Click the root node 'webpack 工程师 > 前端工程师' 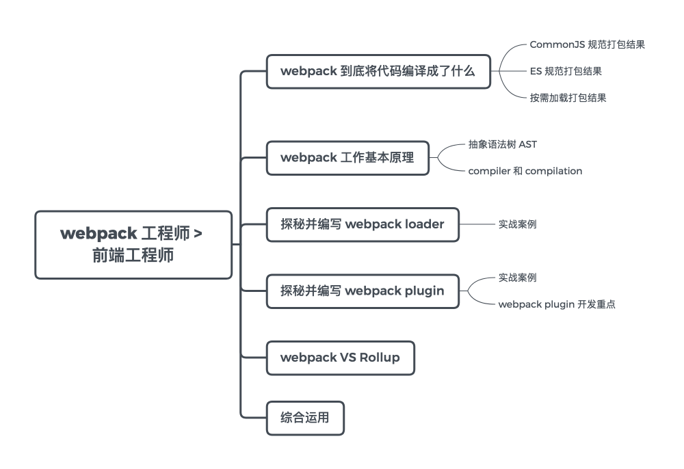(133, 245)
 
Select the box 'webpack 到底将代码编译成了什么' (378, 72)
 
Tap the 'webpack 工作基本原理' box (347, 158)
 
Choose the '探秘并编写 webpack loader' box (363, 224)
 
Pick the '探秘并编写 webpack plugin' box (363, 291)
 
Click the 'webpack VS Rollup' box (340, 358)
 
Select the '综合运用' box (305, 418)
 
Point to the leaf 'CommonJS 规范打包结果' (587, 44)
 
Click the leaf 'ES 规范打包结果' (566, 71)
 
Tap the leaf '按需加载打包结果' (568, 98)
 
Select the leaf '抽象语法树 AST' (503, 144)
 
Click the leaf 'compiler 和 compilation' (525, 171)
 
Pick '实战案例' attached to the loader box (517, 224)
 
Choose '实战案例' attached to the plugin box (517, 278)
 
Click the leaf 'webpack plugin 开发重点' (557, 304)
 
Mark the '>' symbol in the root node (198, 234)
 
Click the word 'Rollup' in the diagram (380, 358)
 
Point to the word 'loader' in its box (425, 224)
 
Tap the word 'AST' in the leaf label (528, 144)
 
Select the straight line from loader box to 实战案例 (477, 224)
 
